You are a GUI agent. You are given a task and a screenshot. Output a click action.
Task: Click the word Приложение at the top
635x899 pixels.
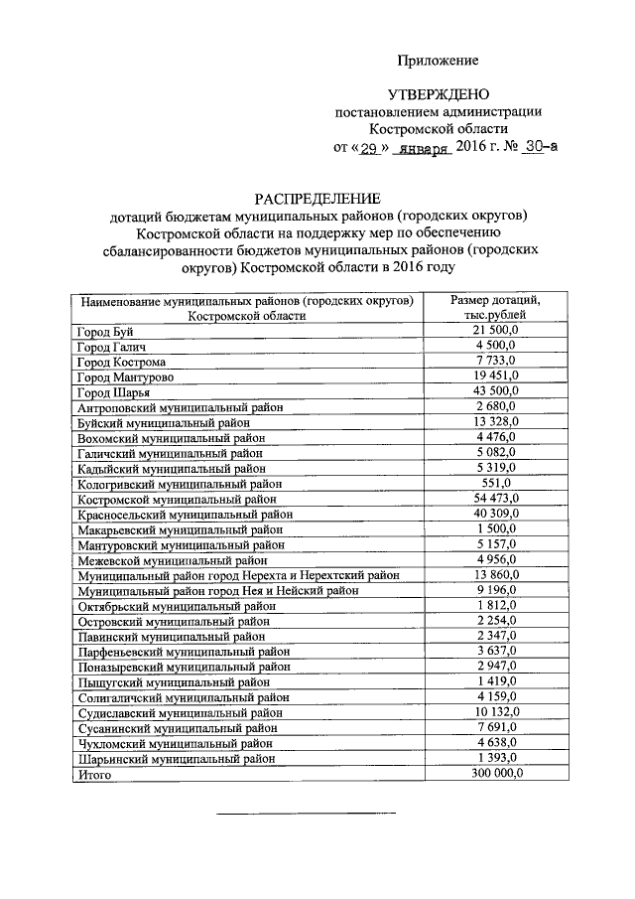(438, 61)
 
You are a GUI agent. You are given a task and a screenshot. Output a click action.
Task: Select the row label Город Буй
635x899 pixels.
(106, 331)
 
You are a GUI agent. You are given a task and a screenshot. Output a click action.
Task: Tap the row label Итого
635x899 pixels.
(94, 774)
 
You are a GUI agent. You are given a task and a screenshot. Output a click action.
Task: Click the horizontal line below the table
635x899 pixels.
(307, 814)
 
